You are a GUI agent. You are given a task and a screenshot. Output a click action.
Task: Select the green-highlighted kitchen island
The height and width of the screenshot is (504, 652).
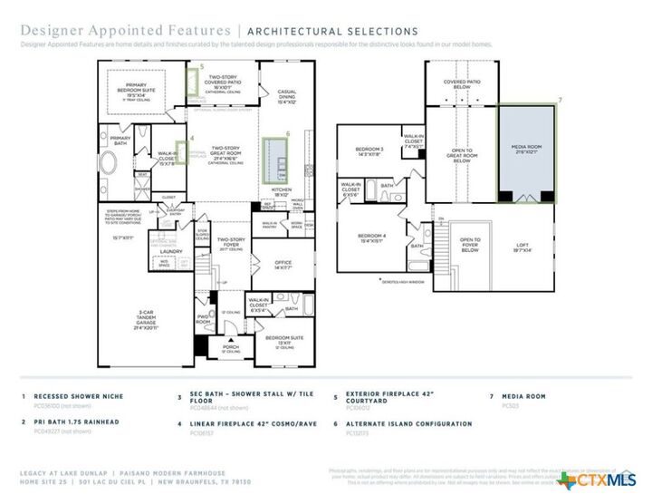coord(273,159)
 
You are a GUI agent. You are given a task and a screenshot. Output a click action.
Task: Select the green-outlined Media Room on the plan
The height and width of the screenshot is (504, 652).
coord(528,150)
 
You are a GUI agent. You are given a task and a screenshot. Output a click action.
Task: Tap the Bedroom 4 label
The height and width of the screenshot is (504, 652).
coord(371,239)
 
